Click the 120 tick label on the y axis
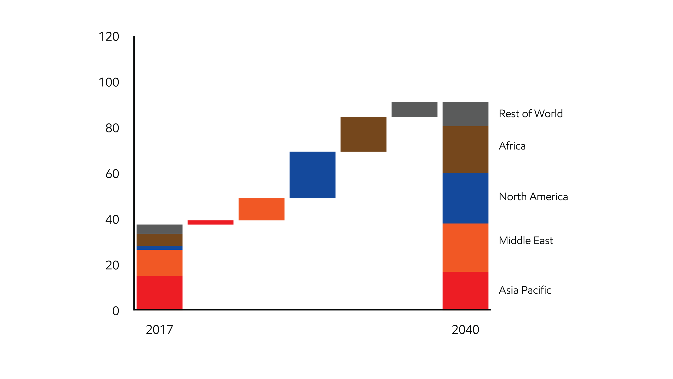109,37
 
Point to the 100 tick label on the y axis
109,82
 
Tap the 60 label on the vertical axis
112,174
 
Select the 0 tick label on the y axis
116,311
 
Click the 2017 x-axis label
159,330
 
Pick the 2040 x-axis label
465,330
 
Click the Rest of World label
531,113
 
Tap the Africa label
512,146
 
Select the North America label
533,197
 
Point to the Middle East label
526,240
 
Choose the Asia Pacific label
525,290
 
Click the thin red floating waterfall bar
210,222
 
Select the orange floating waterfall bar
261,209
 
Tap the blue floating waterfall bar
312,175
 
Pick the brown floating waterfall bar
363,134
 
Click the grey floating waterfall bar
414,109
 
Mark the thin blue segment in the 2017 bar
159,248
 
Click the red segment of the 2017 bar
159,292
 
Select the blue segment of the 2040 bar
465,198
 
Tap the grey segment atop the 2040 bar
465,114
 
